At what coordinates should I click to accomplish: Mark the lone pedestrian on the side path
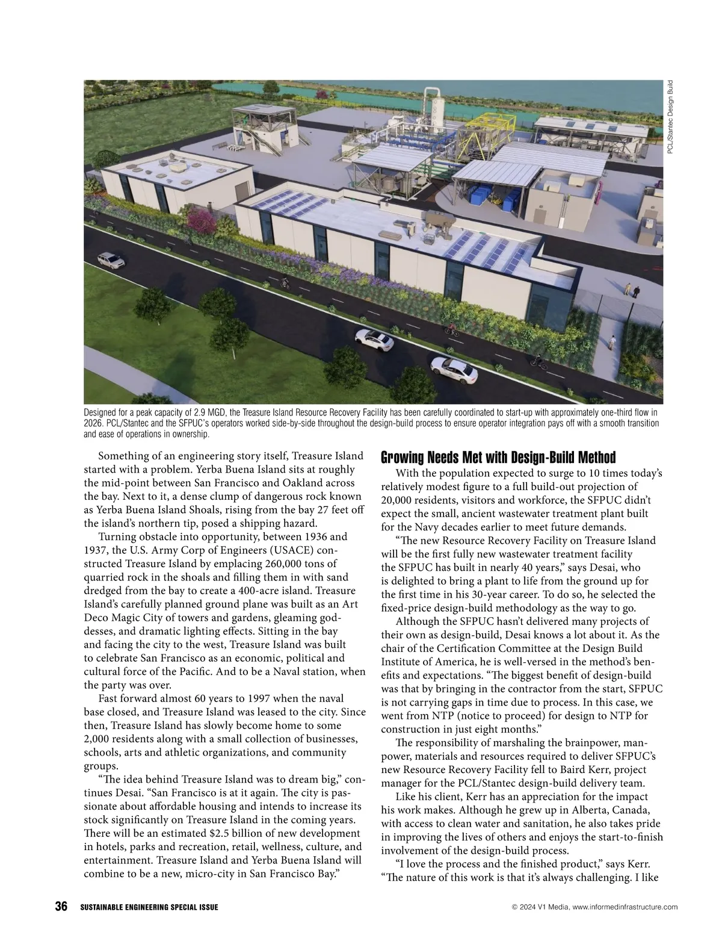(612, 343)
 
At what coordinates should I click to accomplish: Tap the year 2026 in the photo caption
(93, 423)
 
